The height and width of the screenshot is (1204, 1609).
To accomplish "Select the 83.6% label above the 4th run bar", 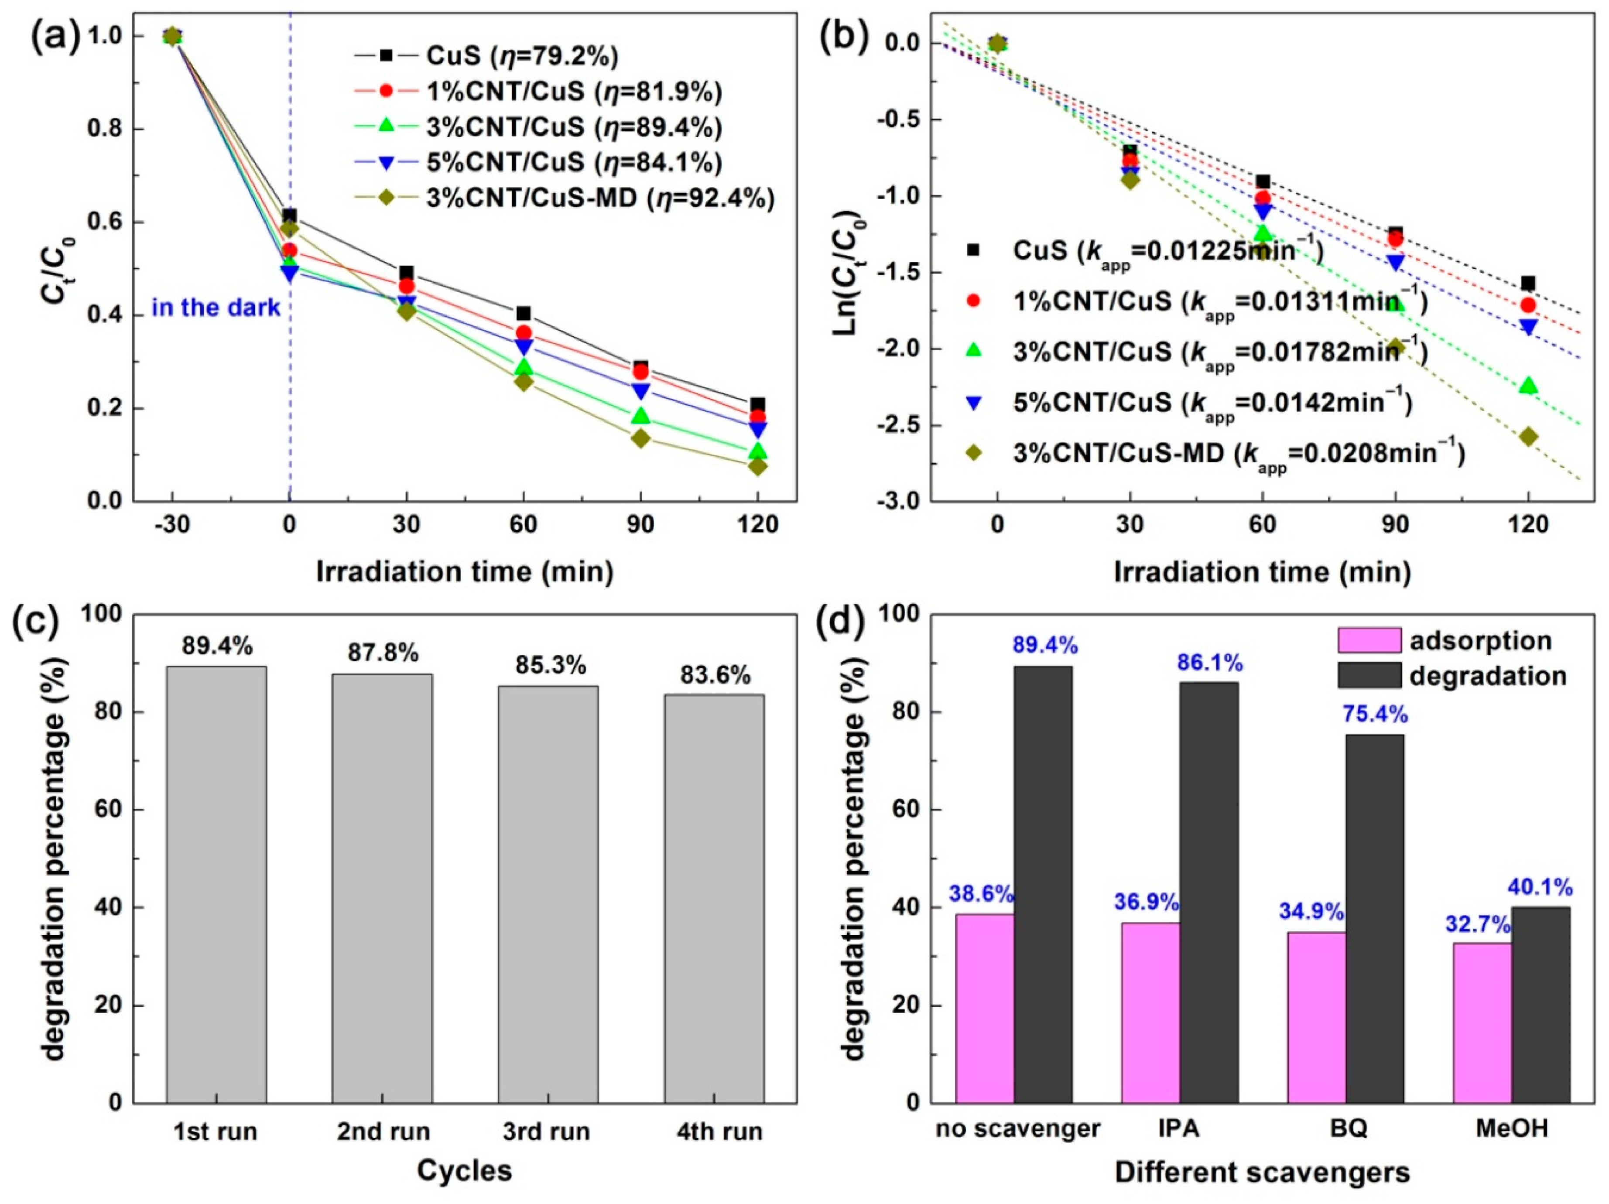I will point(715,675).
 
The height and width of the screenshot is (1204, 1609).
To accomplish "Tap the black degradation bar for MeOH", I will point(1540,1004).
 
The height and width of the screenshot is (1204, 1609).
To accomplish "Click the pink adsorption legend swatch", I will point(1369,640).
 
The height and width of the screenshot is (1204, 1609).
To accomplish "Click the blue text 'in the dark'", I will point(216,308).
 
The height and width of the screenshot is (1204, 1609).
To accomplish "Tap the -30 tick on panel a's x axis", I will point(172,524).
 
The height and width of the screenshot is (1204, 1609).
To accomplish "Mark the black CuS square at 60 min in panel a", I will point(524,314).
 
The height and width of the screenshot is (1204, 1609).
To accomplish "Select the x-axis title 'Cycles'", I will point(465,1170).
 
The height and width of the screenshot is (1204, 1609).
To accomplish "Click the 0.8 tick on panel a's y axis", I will point(103,129).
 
